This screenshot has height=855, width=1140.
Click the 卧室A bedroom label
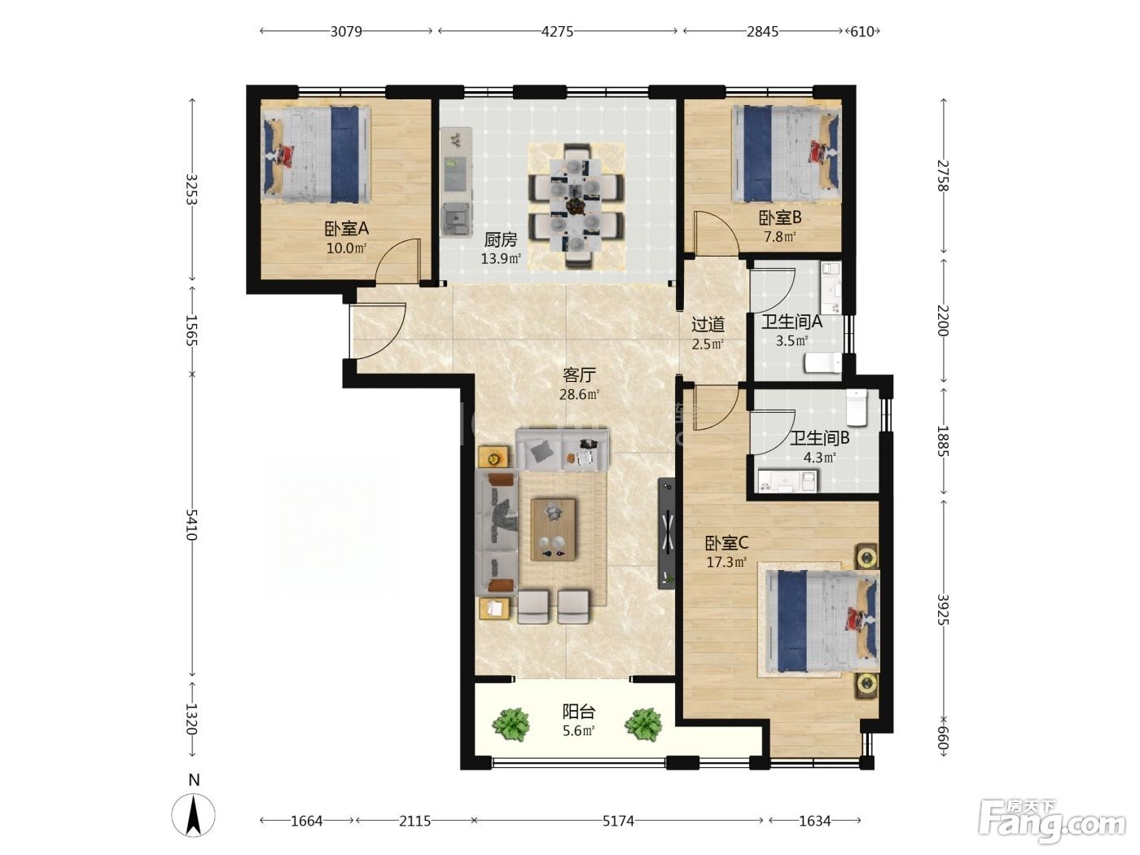click(x=346, y=229)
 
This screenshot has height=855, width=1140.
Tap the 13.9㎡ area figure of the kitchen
click(x=501, y=258)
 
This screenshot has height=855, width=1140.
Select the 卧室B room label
click(x=779, y=217)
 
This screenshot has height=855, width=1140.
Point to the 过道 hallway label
click(x=708, y=324)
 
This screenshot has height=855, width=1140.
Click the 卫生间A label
click(x=791, y=322)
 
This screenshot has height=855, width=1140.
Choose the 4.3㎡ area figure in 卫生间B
click(x=819, y=458)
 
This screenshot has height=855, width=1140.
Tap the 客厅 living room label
click(x=579, y=375)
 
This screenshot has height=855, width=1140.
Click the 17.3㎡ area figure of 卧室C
click(x=726, y=562)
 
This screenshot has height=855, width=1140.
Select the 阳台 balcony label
click(x=579, y=711)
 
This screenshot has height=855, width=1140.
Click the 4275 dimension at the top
click(x=557, y=32)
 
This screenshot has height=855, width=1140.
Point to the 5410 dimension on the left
click(x=192, y=525)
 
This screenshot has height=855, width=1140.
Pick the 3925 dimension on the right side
click(x=943, y=610)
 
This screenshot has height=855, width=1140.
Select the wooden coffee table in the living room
click(x=553, y=529)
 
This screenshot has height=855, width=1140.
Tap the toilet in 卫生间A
click(x=822, y=363)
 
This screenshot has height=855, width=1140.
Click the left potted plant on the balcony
click(x=511, y=725)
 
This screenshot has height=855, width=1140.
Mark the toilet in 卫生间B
click(x=857, y=407)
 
